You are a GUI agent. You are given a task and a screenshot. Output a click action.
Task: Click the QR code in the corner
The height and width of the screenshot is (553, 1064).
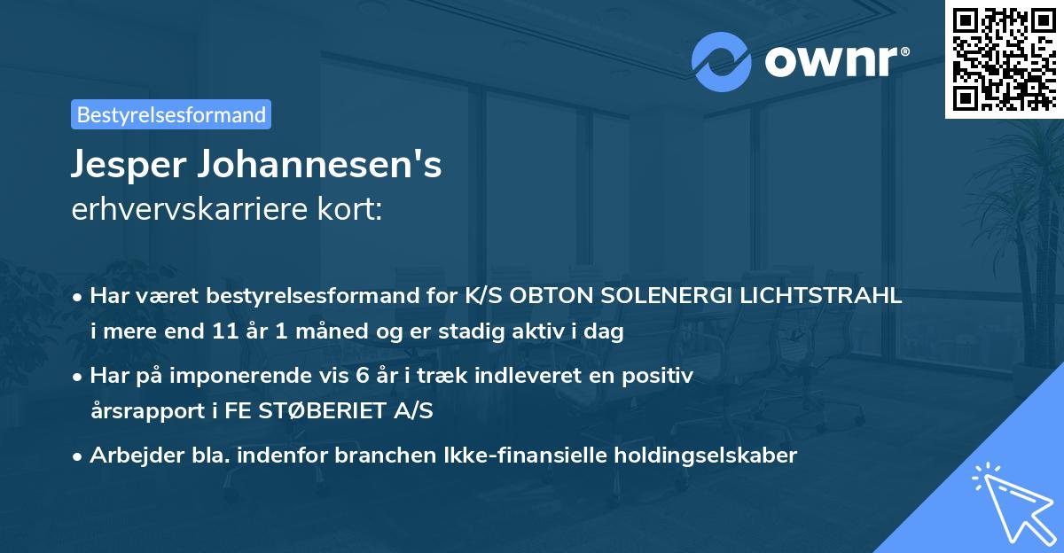pyautogui.click(x=1005, y=58)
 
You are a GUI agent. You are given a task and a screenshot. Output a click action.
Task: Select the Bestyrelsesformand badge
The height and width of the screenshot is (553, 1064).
pyautogui.click(x=171, y=114)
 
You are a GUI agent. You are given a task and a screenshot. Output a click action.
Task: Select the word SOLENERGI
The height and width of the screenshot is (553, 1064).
pyautogui.click(x=678, y=297)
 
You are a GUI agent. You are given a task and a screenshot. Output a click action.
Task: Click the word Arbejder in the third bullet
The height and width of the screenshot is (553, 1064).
pyautogui.click(x=128, y=456)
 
